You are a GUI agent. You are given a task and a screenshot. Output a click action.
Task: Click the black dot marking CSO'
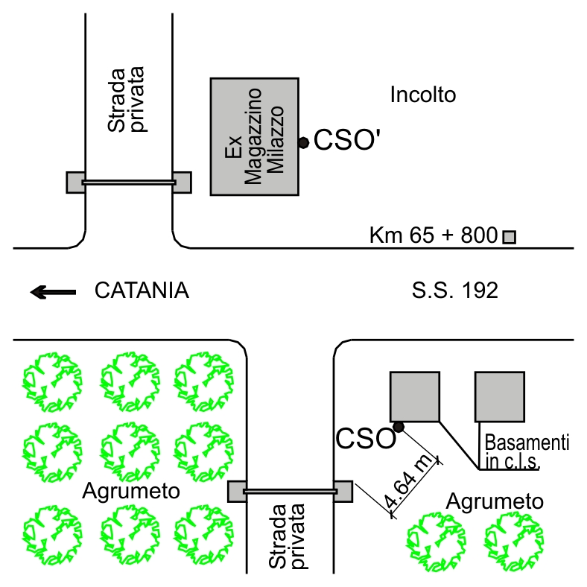click(x=304, y=142)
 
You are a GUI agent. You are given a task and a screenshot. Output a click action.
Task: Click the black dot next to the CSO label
click(x=399, y=427)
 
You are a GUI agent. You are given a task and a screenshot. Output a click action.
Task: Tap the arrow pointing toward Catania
click(x=53, y=292)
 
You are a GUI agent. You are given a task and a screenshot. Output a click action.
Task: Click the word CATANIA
click(x=142, y=291)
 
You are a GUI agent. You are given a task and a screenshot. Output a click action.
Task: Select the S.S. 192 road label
click(x=455, y=291)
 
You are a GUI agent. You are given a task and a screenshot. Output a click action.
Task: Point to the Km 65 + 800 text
click(x=434, y=235)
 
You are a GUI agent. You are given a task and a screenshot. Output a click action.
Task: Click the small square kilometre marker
click(x=509, y=238)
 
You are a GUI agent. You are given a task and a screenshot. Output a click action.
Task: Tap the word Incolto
click(x=423, y=95)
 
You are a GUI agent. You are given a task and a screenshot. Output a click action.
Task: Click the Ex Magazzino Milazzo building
click(x=255, y=136)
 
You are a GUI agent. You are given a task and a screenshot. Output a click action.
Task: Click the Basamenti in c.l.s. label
click(x=527, y=451)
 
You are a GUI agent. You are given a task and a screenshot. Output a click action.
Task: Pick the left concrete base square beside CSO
click(x=415, y=397)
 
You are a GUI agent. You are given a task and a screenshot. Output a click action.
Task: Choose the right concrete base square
click(x=500, y=397)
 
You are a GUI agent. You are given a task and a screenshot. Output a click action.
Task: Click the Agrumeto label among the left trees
click(x=131, y=490)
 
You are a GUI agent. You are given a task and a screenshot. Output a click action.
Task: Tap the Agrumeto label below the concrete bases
click(x=495, y=501)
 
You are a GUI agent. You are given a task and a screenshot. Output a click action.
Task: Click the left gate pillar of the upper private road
click(x=75, y=183)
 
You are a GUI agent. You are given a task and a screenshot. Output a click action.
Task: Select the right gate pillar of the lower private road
click(x=343, y=491)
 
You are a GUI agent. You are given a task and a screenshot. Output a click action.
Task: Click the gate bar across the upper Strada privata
click(x=129, y=183)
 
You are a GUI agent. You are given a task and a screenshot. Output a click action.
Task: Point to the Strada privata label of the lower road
click(x=287, y=536)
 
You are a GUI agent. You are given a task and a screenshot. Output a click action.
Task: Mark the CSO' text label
click(x=346, y=140)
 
